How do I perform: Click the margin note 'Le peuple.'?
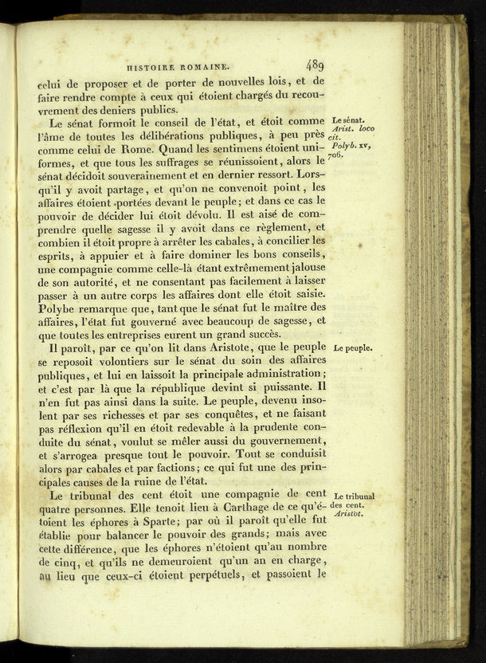[x=352, y=348]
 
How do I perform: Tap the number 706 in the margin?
[x=335, y=155]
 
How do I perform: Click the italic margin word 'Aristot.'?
[x=350, y=515]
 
